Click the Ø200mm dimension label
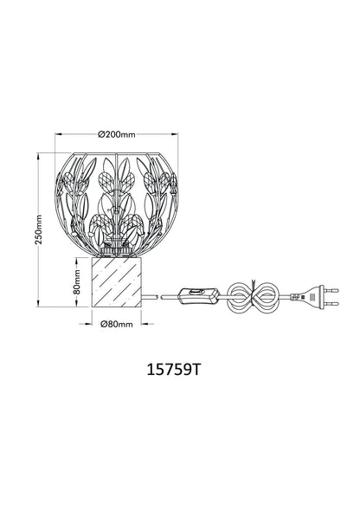coord(117,134)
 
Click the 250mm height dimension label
coord(39,229)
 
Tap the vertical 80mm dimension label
coord(77,281)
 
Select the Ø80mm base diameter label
coord(117,324)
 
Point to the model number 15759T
coord(173,369)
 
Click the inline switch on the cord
coord(198,295)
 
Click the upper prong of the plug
coord(331,290)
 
